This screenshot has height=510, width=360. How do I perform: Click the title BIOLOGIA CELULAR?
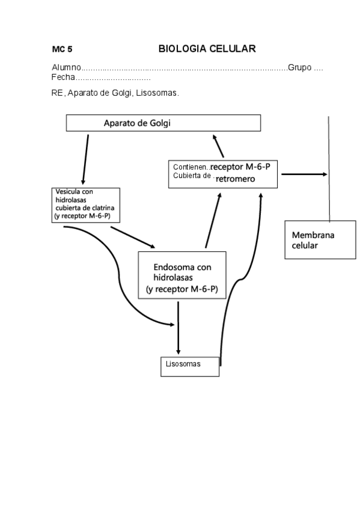click(207, 49)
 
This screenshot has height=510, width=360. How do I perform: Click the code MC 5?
click(62, 50)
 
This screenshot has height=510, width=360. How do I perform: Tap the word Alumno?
click(66, 67)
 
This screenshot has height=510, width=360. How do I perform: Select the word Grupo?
click(299, 67)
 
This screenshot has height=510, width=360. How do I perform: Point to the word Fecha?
click(63, 78)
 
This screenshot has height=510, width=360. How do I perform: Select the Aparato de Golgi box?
click(163, 123)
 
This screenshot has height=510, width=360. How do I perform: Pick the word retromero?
click(236, 179)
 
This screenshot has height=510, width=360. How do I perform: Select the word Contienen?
click(191, 167)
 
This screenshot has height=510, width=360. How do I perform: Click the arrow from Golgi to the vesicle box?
click(86, 159)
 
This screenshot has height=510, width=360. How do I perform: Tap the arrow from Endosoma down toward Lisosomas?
click(178, 328)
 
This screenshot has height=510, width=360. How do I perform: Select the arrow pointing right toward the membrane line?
click(304, 174)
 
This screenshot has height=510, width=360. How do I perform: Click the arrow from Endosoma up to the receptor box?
click(213, 220)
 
